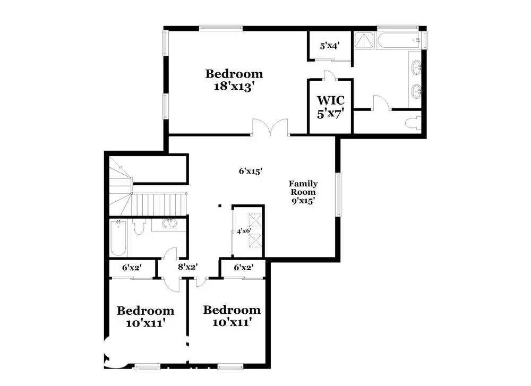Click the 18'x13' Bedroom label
tap(234, 80)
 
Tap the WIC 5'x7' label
tap(330, 107)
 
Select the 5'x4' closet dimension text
tap(330, 46)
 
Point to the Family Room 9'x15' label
tap(303, 192)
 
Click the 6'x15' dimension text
tap(251, 171)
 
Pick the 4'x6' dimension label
tap(244, 231)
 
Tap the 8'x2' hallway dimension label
tap(187, 267)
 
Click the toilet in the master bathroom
tap(413, 123)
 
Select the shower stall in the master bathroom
tap(364, 41)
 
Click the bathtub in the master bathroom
tap(399, 41)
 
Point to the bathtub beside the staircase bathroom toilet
tap(118, 238)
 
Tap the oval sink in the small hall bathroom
tap(169, 224)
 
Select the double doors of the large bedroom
tap(270, 127)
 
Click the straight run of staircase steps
tap(159, 204)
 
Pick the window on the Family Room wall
tap(338, 194)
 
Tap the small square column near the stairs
tap(220, 205)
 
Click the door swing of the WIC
tap(330, 75)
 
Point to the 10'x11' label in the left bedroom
tap(145, 323)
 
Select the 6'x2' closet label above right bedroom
tap(244, 268)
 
